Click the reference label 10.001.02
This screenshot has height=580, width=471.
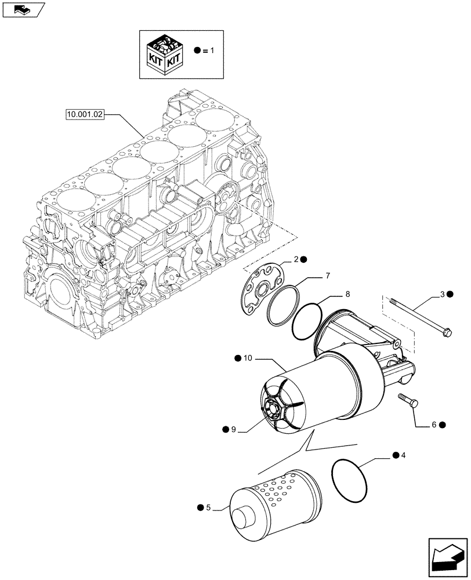[85, 115]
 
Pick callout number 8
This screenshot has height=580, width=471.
[347, 294]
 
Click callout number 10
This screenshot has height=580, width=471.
[248, 358]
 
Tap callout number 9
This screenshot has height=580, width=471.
[234, 429]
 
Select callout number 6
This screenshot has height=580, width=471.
[433, 425]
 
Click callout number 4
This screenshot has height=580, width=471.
[403, 456]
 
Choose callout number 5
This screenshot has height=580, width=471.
[208, 507]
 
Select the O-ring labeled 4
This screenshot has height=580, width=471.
[350, 479]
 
